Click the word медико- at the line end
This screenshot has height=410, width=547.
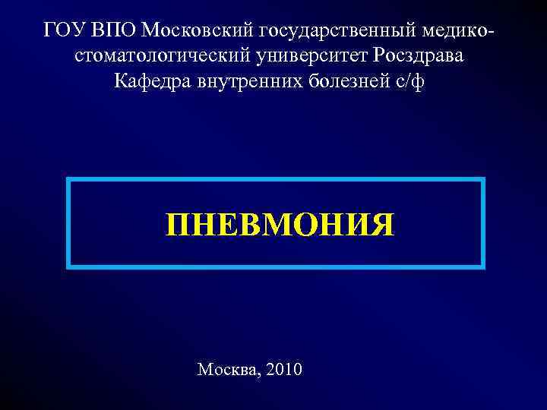click(x=457, y=30)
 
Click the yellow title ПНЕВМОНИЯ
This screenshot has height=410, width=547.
click(x=280, y=225)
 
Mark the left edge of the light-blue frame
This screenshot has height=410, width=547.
click(x=69, y=223)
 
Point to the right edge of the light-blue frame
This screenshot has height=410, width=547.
click(x=482, y=223)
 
